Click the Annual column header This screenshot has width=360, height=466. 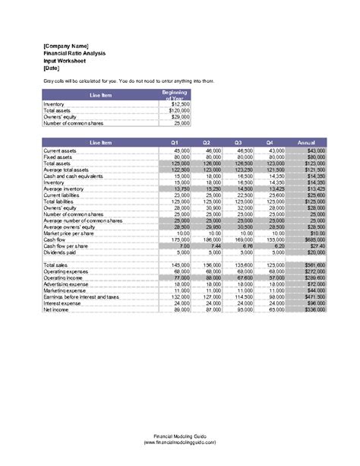pyautogui.click(x=307, y=142)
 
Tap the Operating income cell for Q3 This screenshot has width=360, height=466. pyautogui.click(x=243, y=279)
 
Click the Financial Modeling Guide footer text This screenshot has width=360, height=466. pyautogui.click(x=180, y=436)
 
